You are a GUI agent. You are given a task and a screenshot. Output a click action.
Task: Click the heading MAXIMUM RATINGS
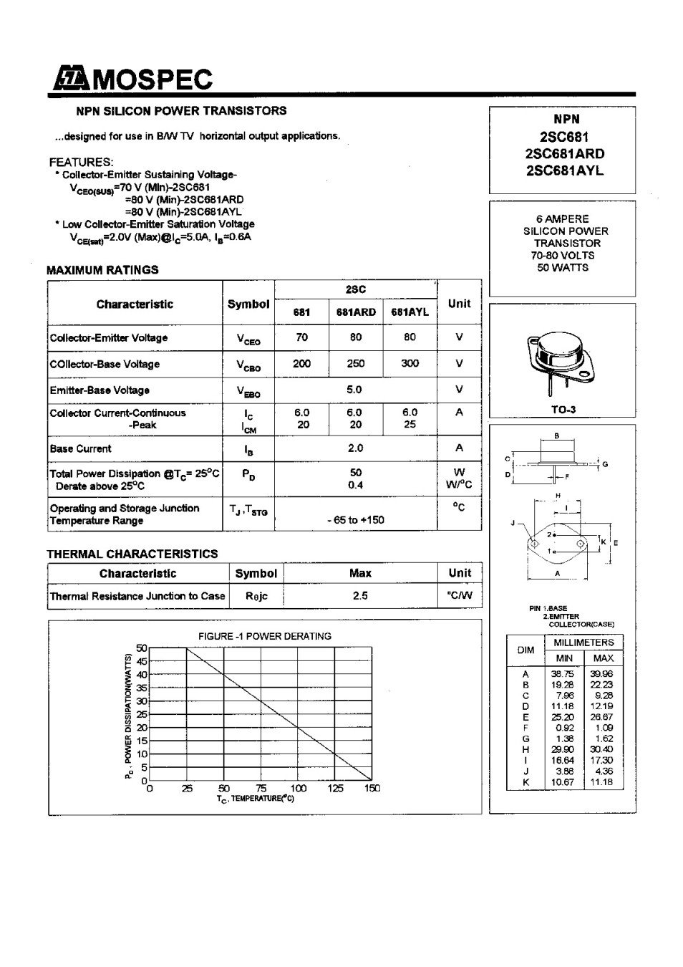pos(102,270)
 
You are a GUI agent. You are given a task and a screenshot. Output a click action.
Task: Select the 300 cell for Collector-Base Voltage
pos(410,363)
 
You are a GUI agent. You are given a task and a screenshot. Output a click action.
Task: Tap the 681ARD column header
pos(356,312)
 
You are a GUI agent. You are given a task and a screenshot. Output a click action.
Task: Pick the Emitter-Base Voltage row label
pos(100,390)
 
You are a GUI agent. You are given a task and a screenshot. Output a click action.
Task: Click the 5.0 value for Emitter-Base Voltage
pos(354,390)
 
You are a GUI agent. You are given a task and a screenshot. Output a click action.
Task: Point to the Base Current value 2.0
pos(355,448)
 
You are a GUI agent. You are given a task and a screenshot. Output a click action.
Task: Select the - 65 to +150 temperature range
pos(355,520)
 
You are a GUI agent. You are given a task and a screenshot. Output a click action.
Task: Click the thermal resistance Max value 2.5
pos(359,596)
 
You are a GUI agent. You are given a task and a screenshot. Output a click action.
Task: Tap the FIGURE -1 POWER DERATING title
pos(264,636)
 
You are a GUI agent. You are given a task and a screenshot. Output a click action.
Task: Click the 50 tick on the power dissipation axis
pos(142,648)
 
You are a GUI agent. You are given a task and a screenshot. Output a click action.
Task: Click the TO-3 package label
pos(563,410)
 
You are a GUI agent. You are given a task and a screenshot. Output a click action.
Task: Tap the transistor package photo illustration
pos(563,361)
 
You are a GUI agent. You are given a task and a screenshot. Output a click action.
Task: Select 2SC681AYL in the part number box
pos(564,170)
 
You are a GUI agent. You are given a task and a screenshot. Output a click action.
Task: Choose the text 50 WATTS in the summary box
pos(563,268)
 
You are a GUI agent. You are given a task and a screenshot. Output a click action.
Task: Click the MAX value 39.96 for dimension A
pos(601,674)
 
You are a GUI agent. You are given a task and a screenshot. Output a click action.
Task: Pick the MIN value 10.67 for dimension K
pos(563,782)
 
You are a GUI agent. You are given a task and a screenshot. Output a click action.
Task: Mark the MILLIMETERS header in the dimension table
pos(583,643)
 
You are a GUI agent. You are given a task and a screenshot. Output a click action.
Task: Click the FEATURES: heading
pos(81,162)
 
